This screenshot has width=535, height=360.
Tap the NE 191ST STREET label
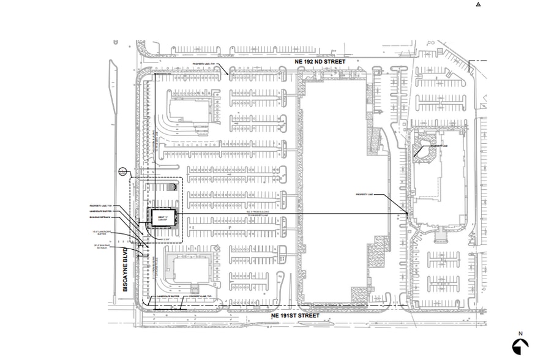295,315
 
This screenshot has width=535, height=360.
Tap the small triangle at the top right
479,4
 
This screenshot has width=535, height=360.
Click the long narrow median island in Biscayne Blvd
113,92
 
